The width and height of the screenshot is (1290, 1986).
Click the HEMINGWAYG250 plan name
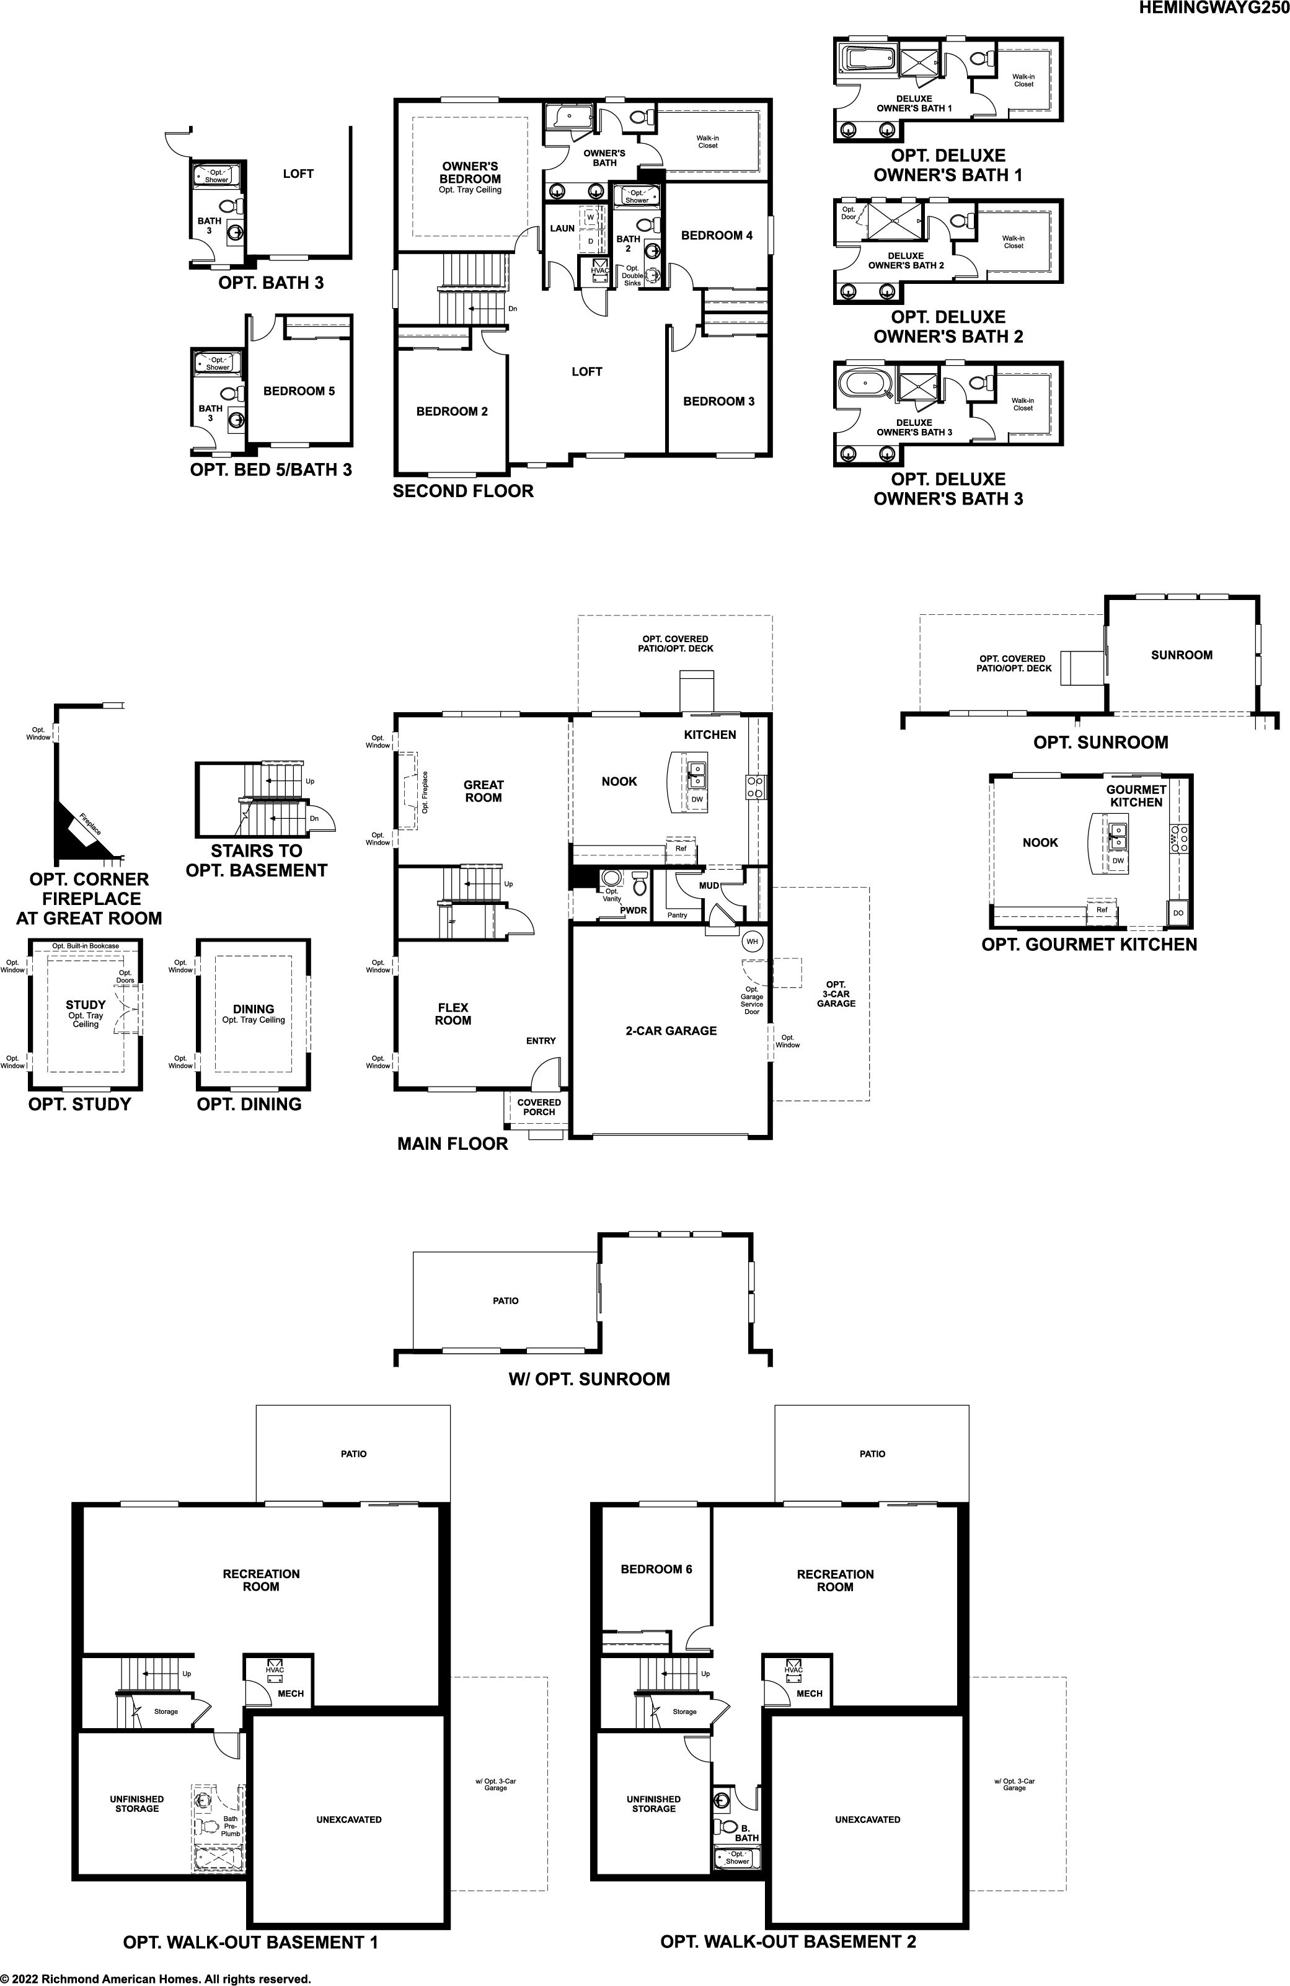click(x=1214, y=9)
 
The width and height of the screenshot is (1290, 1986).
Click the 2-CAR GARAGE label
click(x=671, y=1031)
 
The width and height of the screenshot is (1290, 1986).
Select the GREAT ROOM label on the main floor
click(x=484, y=791)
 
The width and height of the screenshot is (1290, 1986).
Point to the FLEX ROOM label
click(x=453, y=1014)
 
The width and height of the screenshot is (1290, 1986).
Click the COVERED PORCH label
click(x=539, y=1106)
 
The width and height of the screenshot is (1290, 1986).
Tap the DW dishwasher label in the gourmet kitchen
click(x=1118, y=860)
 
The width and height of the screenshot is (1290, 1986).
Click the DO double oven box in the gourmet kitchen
click(x=1178, y=913)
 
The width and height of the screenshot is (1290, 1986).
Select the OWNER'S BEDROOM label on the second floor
click(x=470, y=173)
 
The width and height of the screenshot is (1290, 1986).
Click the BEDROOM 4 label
click(x=717, y=236)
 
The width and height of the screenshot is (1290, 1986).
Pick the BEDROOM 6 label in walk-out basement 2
click(x=656, y=1569)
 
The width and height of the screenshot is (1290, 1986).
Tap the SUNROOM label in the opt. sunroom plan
click(x=1182, y=655)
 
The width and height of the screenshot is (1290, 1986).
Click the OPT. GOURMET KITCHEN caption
click(x=1089, y=945)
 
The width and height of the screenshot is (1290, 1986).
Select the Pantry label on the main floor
click(x=678, y=916)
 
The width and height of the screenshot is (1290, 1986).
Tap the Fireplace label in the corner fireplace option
click(x=90, y=824)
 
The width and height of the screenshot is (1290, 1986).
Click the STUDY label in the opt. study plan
click(x=86, y=1005)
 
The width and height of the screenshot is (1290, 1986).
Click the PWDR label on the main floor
click(x=634, y=911)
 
